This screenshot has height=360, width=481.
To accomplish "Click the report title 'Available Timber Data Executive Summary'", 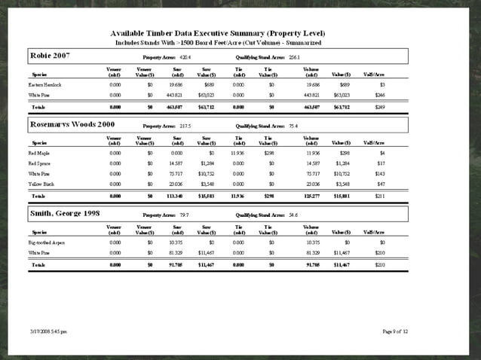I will point(217,33).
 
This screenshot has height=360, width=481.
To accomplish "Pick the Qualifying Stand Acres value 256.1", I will point(294,57).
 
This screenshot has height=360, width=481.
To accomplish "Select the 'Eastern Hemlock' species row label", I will point(45,85).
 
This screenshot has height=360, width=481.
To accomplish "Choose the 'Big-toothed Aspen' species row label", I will point(47,243).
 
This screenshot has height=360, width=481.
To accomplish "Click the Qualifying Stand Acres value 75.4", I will point(293,126).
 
